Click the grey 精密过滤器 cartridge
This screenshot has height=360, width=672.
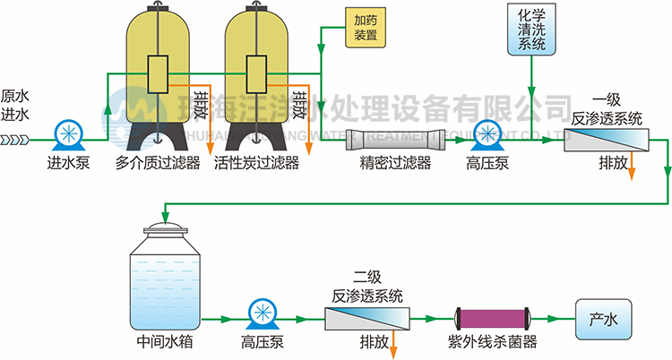pyautogui.click(x=396, y=139)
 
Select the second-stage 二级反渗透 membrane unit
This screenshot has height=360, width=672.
pyautogui.click(x=366, y=318)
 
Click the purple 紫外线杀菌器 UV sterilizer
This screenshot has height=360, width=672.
pyautogui.click(x=494, y=317)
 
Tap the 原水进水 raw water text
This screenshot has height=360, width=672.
pyautogui.click(x=15, y=105)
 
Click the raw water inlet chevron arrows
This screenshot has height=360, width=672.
pyautogui.click(x=15, y=140)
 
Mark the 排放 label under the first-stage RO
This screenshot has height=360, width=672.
pyautogui.click(x=614, y=165)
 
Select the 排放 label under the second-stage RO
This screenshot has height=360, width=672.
pyautogui.click(x=374, y=341)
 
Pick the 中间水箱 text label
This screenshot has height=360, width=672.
pyautogui.click(x=166, y=341)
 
